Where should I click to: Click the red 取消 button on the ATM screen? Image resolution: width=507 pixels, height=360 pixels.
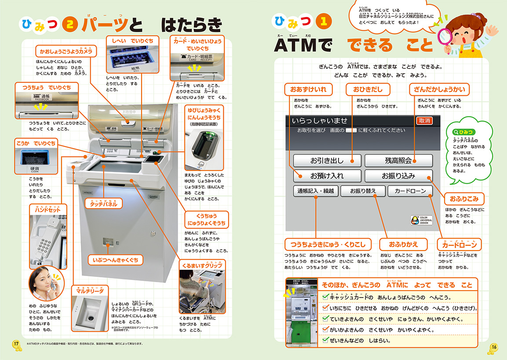[424, 120]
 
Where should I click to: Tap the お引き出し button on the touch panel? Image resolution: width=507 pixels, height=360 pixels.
[327, 160]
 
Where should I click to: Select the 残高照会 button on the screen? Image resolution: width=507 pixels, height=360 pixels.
[398, 160]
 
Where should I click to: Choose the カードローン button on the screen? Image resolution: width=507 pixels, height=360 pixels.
[410, 191]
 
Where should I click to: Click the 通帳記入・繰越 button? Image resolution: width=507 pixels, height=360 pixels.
[315, 191]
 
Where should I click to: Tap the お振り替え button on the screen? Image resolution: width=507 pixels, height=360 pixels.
[363, 191]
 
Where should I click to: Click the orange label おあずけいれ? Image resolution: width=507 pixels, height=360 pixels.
[308, 90]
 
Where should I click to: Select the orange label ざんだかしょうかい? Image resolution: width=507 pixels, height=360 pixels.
[439, 90]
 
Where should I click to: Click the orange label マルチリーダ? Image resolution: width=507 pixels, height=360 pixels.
[90, 291]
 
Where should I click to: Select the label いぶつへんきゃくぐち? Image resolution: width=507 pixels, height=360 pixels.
[115, 260]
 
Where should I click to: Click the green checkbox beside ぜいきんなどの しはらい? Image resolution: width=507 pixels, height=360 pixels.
[325, 340]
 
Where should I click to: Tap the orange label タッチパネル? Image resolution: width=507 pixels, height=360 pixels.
[103, 204]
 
